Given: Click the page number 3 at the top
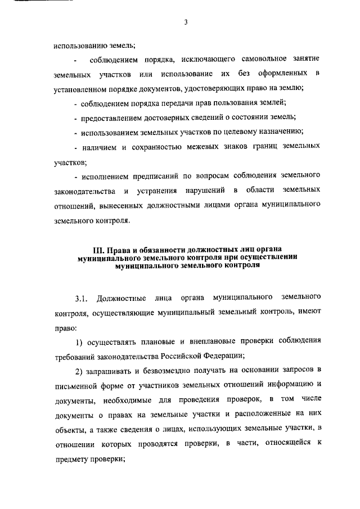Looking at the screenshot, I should pos(184,22).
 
